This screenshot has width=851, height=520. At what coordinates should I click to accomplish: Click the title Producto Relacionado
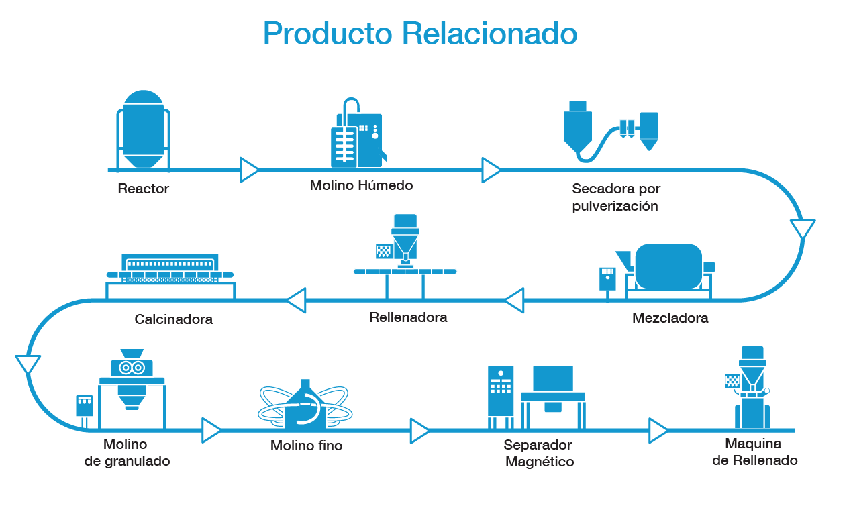pyautogui.click(x=419, y=34)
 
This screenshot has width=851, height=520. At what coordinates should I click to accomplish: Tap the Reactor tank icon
pyautogui.click(x=144, y=131)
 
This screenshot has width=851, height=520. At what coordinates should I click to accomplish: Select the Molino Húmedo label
pyautogui.click(x=361, y=185)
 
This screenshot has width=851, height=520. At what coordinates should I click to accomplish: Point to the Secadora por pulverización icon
pyautogui.click(x=611, y=131)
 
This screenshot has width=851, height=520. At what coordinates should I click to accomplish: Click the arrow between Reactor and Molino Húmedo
pyautogui.click(x=249, y=170)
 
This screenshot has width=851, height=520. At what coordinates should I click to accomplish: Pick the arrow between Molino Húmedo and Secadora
pyautogui.click(x=491, y=170)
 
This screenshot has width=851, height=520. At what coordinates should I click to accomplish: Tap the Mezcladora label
pyautogui.click(x=670, y=318)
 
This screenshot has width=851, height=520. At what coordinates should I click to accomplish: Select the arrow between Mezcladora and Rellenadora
pyautogui.click(x=515, y=300)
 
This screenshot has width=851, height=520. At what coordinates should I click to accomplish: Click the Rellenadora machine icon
pyautogui.click(x=405, y=255)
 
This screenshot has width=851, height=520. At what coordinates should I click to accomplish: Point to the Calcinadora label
pyautogui.click(x=173, y=319)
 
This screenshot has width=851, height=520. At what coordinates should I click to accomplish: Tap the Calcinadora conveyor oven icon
pyautogui.click(x=171, y=272)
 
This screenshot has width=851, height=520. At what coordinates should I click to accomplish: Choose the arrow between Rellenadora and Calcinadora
pyautogui.click(x=296, y=300)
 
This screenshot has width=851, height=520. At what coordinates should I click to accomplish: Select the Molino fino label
pyautogui.click(x=306, y=446)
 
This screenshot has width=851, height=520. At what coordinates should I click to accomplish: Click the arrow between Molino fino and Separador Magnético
pyautogui.click(x=419, y=431)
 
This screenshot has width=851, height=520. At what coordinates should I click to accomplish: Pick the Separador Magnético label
pyautogui.click(x=538, y=454)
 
